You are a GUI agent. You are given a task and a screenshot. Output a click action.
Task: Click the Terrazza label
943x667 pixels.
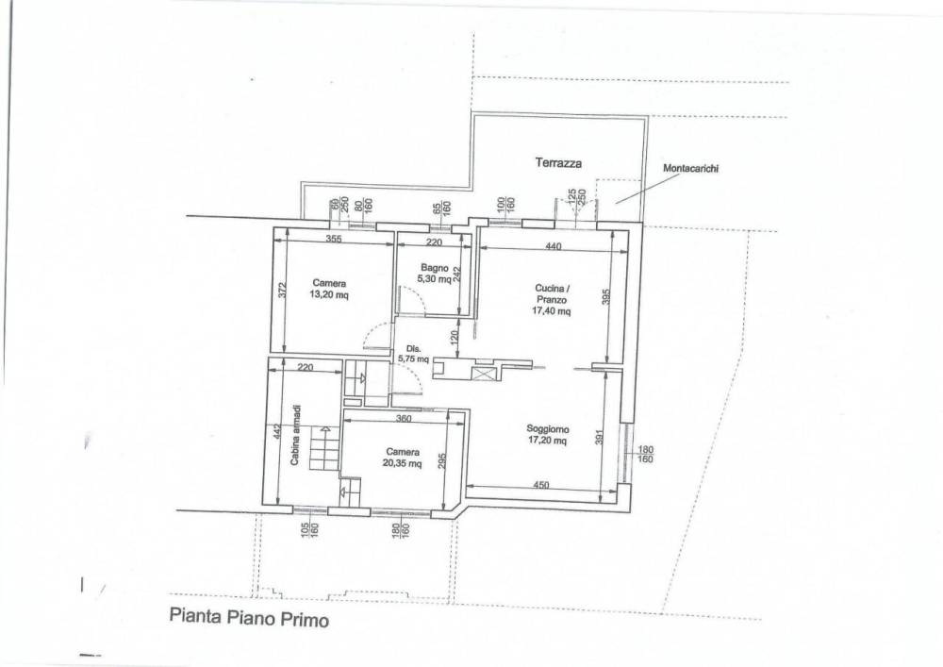[558, 162]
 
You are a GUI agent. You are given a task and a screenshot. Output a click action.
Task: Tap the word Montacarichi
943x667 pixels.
[690, 169]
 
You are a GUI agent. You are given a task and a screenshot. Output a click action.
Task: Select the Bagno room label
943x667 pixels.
[434, 268]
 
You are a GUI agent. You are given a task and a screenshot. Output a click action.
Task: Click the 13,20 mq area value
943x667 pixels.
[329, 294]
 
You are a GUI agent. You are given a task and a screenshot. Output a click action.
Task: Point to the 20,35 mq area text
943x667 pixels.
[402, 463]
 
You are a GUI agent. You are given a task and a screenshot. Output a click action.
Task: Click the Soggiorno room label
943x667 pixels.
[547, 429]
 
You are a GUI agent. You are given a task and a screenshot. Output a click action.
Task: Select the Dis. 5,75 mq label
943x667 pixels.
[413, 354]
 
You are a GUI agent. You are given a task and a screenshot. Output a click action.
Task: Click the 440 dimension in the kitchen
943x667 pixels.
[554, 246]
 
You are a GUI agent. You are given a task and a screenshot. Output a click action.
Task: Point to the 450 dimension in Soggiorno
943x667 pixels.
[540, 485]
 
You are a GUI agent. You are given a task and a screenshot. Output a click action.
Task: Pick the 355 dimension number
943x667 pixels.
[334, 239]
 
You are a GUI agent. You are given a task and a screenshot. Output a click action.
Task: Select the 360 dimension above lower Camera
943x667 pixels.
[404, 418]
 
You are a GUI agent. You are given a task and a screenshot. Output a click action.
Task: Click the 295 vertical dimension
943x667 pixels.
[443, 461]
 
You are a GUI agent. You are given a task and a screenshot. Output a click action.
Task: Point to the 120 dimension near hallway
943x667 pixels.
[455, 338]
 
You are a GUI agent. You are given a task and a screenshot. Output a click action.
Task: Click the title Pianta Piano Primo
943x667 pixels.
[249, 618]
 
